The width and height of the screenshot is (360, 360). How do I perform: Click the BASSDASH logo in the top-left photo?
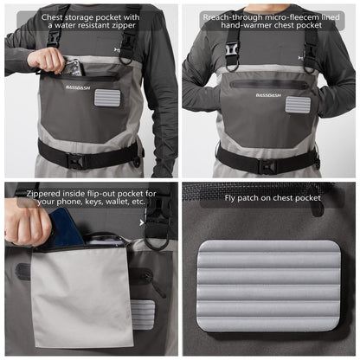click(78, 87)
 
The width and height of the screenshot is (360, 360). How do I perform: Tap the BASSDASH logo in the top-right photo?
click(268, 95)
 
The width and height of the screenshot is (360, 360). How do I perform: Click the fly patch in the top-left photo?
click(107, 98)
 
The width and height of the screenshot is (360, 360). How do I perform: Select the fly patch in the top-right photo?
click(299, 105)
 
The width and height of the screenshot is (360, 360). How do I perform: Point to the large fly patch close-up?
click(268, 286)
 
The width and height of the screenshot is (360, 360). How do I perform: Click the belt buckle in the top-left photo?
click(75, 161)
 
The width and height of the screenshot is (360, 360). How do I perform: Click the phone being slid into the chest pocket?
click(74, 68)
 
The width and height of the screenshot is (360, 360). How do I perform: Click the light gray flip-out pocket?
click(82, 296)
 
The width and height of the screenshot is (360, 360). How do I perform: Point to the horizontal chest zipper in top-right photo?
click(269, 85)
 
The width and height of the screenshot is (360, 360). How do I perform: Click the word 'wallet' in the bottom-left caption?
click(118, 201)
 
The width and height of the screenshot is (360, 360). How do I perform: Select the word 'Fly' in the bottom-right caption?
click(230, 198)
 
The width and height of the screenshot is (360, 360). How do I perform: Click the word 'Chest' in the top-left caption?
click(52, 17)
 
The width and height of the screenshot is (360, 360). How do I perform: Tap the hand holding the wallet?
click(28, 223)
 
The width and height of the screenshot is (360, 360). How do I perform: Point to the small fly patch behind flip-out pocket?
click(143, 314)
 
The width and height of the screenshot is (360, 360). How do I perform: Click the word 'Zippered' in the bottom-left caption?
click(43, 194)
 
